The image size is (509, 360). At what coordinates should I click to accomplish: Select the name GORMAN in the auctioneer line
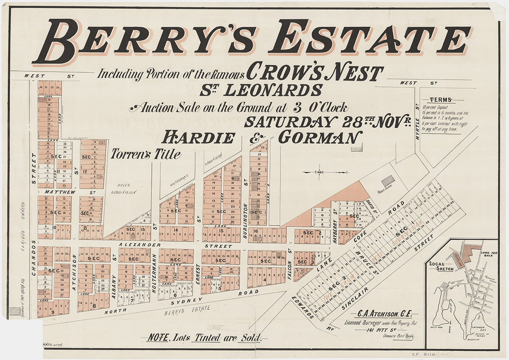coord(320,137)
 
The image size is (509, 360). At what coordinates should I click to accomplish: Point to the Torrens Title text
coord(146,155)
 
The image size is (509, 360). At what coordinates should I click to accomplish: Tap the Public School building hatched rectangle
coord(388,181)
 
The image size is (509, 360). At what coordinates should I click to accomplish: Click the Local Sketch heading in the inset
coord(441,266)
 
